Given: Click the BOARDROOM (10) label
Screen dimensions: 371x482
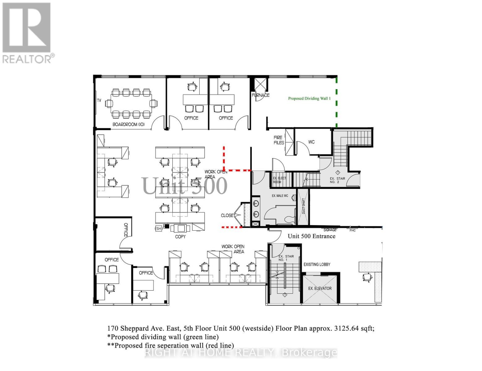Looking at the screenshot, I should pos(128,125).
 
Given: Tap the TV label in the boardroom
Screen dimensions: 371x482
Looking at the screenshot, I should pos(99,100).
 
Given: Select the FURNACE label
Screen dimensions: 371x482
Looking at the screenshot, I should pos(260,95).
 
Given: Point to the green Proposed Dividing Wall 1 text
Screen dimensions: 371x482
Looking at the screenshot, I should pos(309,99).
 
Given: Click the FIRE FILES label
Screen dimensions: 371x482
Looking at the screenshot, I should pos(279,140).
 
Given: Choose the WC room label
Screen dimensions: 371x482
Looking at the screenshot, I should pos(311,142).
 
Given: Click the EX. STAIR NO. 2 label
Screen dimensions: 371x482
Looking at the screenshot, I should pos(337,180).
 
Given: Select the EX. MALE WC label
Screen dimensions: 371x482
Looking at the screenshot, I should pos(280,196).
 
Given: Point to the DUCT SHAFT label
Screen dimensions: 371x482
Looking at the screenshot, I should pos(303,206).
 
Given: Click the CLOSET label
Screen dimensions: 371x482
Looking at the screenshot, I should pos(227,215).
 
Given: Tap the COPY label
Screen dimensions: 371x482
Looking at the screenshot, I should pos(180,237).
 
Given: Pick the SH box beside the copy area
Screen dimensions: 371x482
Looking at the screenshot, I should pos(159,229).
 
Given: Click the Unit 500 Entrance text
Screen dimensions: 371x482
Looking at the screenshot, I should pos(311,236).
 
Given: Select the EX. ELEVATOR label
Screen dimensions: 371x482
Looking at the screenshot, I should pos(320,288).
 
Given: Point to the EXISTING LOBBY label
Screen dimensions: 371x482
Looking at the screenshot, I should pos(317,264).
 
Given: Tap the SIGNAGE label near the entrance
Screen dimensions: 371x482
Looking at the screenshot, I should pos(330,230).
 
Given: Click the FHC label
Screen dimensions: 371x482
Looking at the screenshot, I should pos(352,230).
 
